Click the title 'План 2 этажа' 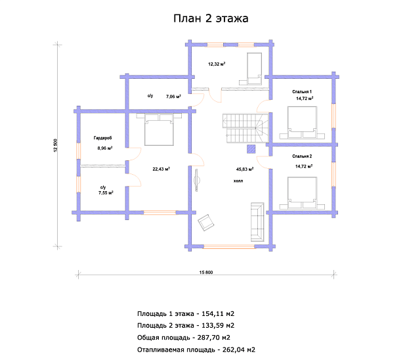click(211, 18)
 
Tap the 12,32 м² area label click(217, 64)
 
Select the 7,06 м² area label click(173, 97)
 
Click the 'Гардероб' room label click(103, 138)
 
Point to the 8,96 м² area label click(105, 148)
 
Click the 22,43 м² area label click(161, 169)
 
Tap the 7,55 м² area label click(106, 192)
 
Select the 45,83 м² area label click(245, 169)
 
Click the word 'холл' click(238, 181)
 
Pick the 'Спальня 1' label click(302, 92)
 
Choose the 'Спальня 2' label click(302, 156)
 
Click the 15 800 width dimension click(206, 273)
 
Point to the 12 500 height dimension click(56, 145)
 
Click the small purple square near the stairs click(251, 149)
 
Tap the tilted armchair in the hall click(206, 222)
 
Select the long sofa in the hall click(257, 222)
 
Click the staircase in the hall click(245, 128)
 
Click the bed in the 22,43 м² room click(159, 129)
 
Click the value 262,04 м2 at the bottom click(239, 350)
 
